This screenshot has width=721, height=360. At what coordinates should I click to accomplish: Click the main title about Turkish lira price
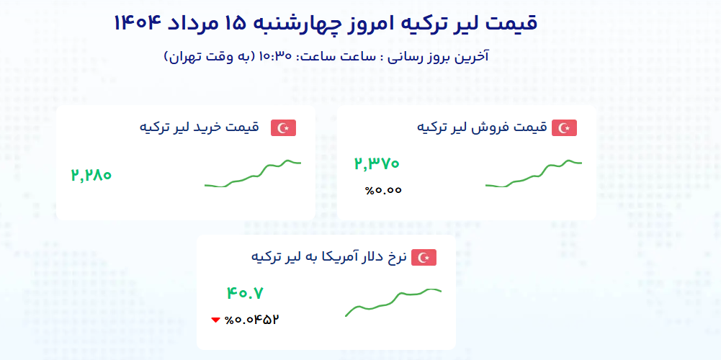[x=326, y=23]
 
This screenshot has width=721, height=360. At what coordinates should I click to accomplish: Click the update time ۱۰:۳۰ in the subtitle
[x=276, y=57]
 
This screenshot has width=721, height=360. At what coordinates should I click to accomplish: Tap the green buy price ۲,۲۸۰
[x=91, y=175]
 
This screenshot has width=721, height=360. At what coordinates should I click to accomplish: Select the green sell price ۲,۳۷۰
[x=377, y=163]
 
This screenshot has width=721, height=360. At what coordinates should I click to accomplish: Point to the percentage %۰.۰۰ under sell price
[x=383, y=190]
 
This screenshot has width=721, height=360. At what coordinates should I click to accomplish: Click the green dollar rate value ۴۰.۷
[x=245, y=293]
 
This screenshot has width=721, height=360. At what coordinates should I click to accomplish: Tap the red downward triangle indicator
[x=215, y=320]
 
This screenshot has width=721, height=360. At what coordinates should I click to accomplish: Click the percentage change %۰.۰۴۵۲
[x=252, y=320]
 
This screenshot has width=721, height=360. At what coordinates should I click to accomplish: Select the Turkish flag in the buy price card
[x=283, y=128]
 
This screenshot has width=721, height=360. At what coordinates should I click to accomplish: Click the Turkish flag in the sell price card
[x=564, y=128]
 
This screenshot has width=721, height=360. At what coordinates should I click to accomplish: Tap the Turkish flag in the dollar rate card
[x=424, y=258]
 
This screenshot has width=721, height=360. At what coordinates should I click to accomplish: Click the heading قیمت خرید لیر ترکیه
[x=199, y=127]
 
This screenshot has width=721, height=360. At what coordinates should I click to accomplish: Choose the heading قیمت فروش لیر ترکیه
[x=482, y=127]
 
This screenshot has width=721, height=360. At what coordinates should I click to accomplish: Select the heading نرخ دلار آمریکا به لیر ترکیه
[x=328, y=256]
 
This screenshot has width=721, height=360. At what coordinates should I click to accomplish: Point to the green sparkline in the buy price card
[x=253, y=175]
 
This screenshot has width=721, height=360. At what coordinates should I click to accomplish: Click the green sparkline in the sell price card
[x=534, y=175]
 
